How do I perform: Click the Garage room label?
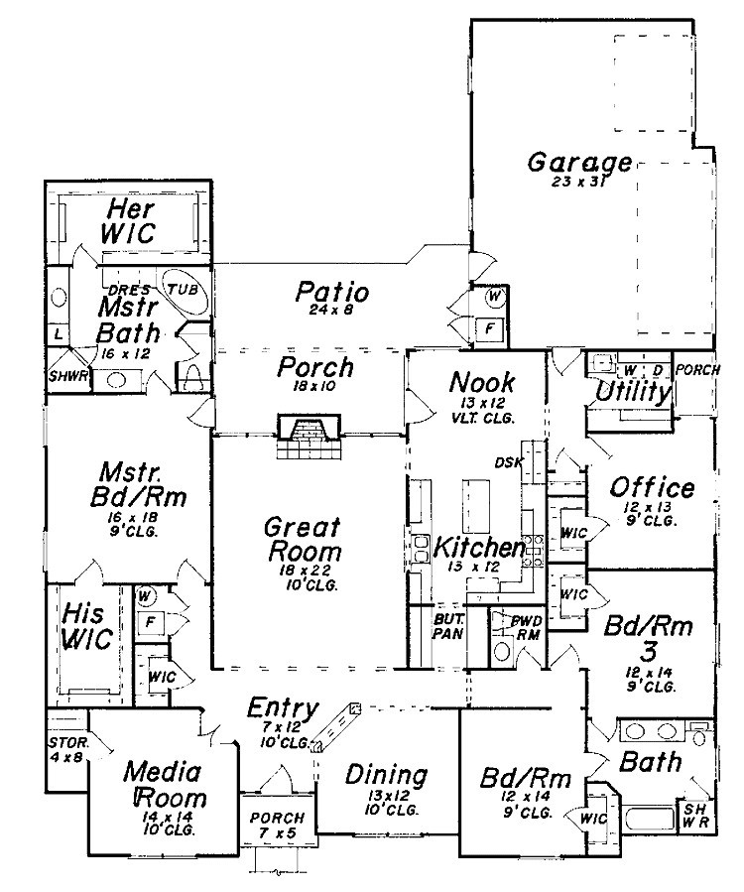click(x=579, y=162)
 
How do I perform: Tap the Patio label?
click(x=332, y=293)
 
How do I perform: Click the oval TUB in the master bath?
click(x=182, y=288)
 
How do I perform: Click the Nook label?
click(x=481, y=382)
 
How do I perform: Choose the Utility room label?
click(x=633, y=392)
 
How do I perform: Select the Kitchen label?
click(x=480, y=548)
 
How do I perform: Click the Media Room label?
click(x=164, y=785)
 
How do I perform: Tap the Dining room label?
click(x=386, y=776)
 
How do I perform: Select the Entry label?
click(x=283, y=708)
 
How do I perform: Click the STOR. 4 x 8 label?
click(x=67, y=748)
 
